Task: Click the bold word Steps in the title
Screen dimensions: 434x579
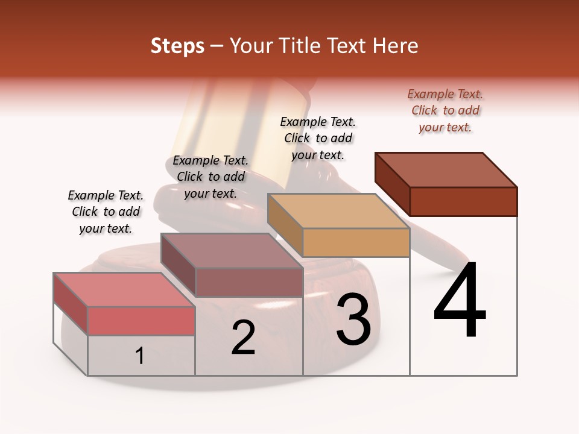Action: (x=177, y=46)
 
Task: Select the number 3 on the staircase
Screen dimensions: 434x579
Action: (x=353, y=319)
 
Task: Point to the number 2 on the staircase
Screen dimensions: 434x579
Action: (x=243, y=338)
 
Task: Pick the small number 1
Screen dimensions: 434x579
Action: (x=140, y=356)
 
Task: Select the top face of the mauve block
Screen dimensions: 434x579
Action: (x=232, y=251)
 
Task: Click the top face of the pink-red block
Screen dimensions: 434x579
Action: (x=124, y=290)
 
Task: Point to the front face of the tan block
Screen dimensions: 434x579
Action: (x=356, y=243)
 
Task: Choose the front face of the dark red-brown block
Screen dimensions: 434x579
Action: (x=463, y=201)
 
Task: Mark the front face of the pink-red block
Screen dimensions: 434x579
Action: (x=141, y=321)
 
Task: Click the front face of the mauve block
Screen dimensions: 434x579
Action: (x=248, y=282)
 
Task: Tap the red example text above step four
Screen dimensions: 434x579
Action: (x=445, y=110)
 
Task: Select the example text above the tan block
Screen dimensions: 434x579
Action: (x=318, y=138)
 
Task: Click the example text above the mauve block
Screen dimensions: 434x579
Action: (x=210, y=177)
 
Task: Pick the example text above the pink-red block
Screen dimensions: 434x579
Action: (x=106, y=212)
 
